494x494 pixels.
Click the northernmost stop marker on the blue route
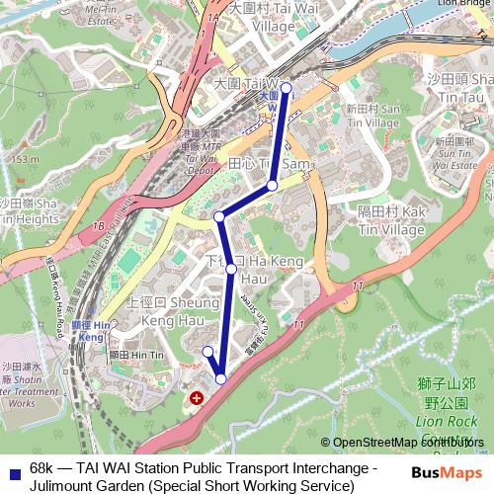pos(287,88)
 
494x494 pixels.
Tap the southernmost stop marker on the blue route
pos(220,378)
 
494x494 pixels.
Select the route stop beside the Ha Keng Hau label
pos(231,268)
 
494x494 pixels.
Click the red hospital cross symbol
pos(197,397)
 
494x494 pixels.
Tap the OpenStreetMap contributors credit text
pos(408,443)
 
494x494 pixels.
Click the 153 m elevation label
pos(22,158)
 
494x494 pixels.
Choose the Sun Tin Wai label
pos(455,147)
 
